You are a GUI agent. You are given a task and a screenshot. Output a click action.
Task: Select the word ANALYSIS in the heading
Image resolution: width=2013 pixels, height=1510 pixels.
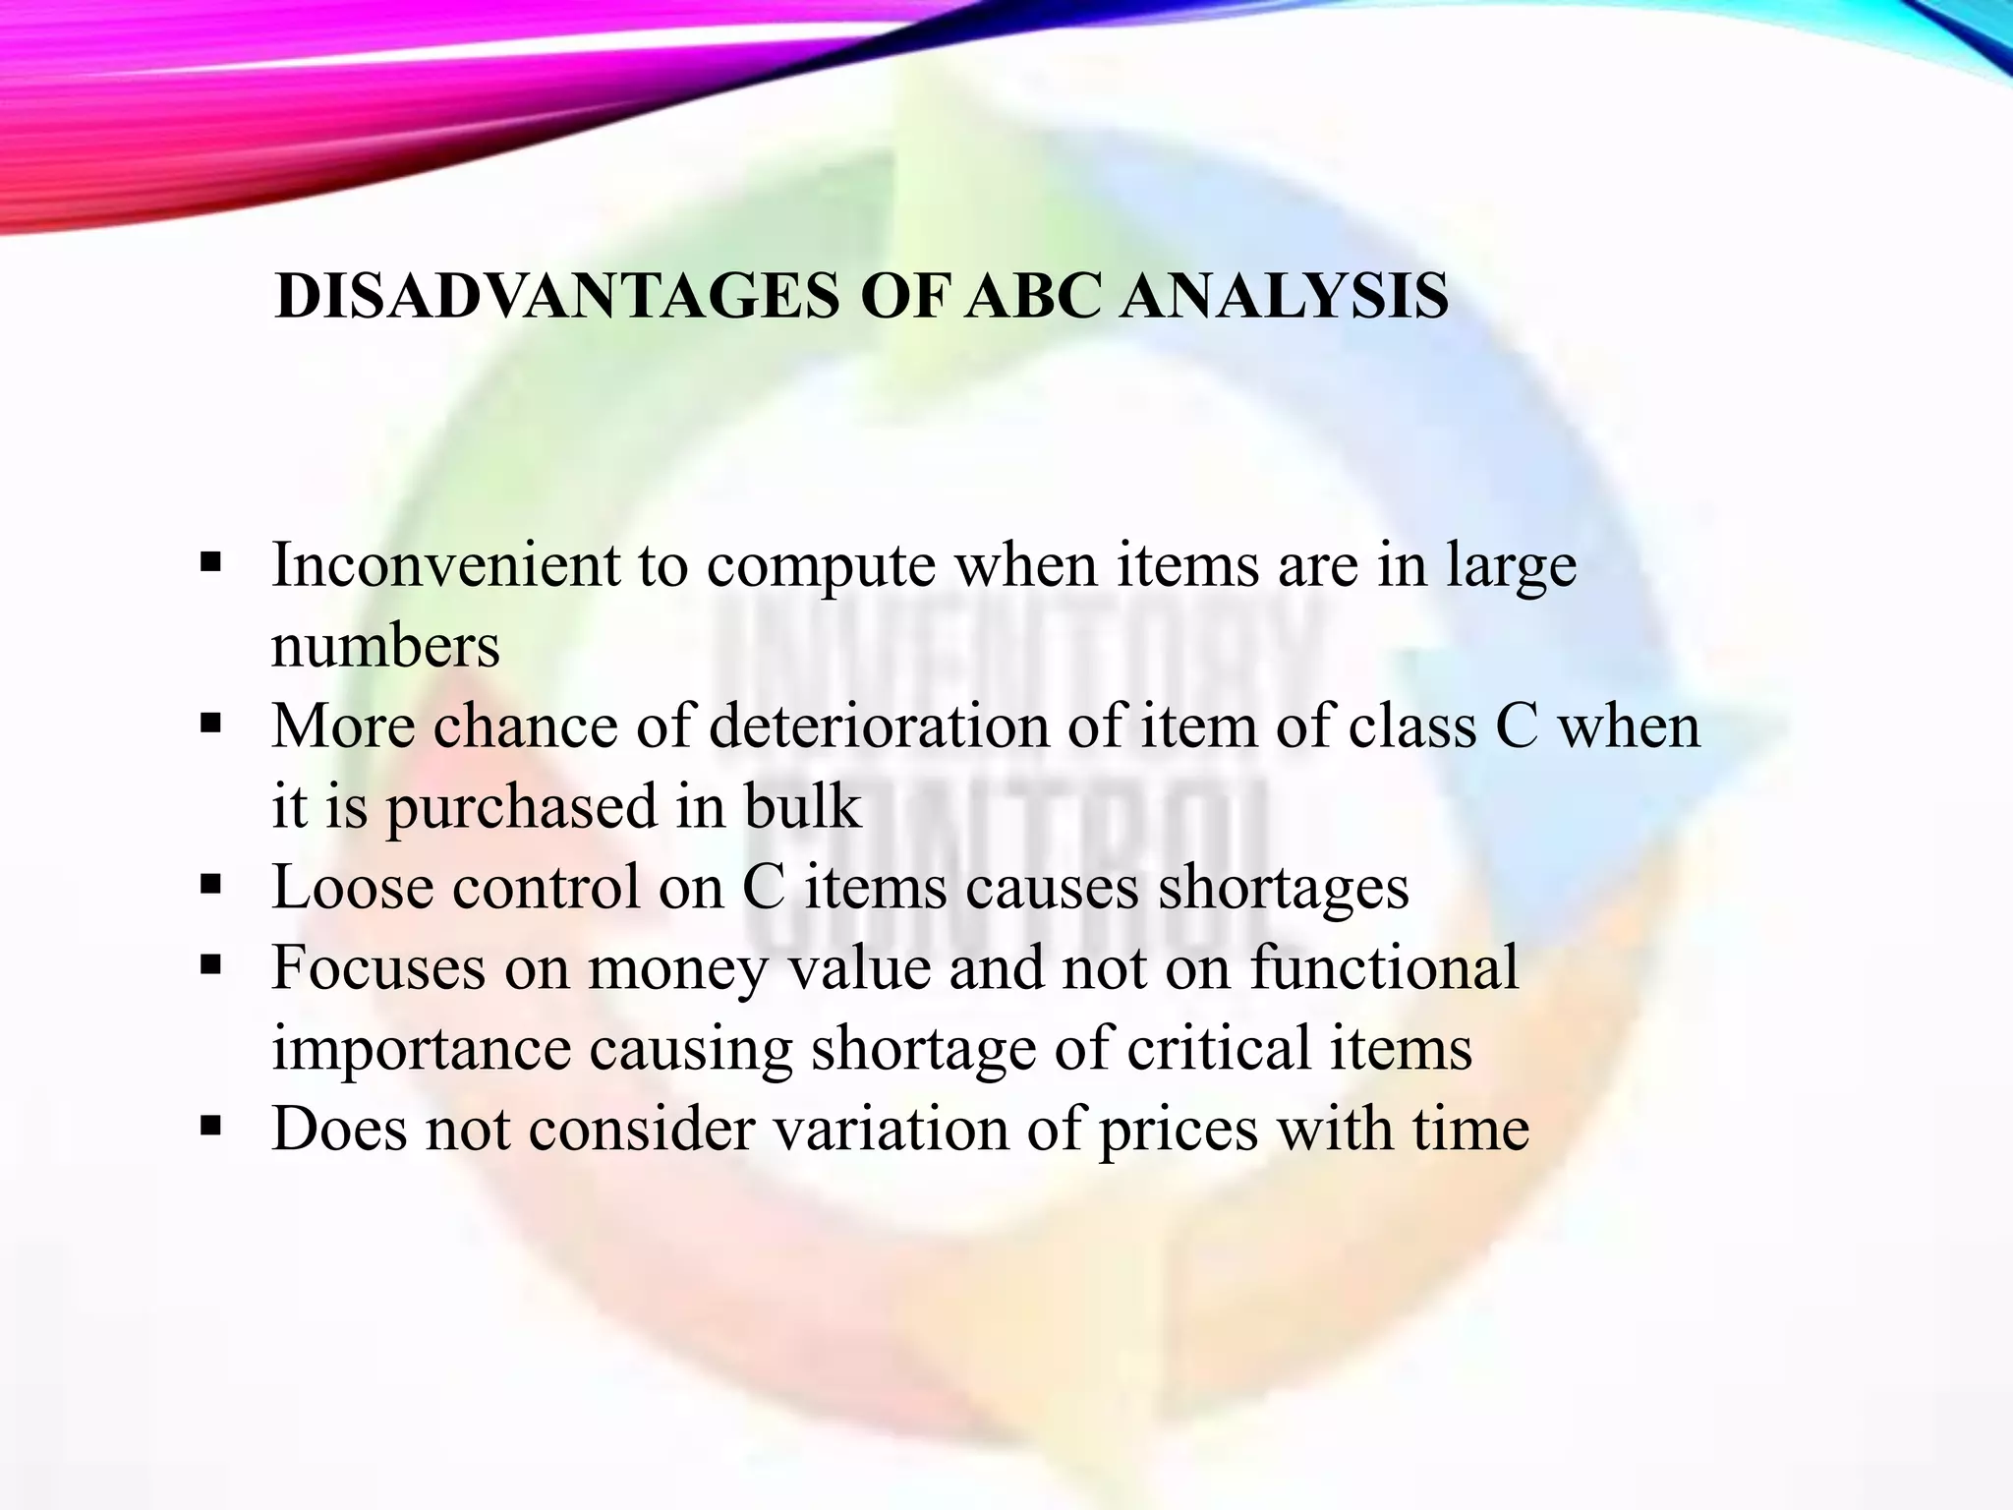(1284, 295)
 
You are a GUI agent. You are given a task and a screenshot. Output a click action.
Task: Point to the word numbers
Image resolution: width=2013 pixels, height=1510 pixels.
(385, 647)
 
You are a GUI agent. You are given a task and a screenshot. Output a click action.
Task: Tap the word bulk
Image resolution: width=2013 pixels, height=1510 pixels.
(802, 808)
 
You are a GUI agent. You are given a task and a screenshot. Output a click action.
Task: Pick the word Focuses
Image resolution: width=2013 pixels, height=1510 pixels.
(378, 968)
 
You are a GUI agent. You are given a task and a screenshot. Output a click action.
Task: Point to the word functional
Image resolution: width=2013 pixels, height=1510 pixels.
(1385, 968)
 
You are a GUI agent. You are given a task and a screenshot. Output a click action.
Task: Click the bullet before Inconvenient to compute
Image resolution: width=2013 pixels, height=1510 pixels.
(210, 564)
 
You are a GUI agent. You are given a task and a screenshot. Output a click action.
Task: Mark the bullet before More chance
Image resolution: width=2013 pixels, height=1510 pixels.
(210, 726)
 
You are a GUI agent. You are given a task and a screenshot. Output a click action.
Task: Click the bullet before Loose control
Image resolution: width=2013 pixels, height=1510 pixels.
(210, 886)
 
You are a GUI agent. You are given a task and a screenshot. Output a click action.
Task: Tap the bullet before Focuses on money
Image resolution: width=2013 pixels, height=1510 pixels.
(210, 966)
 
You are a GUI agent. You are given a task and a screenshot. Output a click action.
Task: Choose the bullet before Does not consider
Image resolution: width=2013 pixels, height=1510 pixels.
(210, 1127)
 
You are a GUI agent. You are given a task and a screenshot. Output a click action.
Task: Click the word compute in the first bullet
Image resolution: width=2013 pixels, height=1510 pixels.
(821, 568)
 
